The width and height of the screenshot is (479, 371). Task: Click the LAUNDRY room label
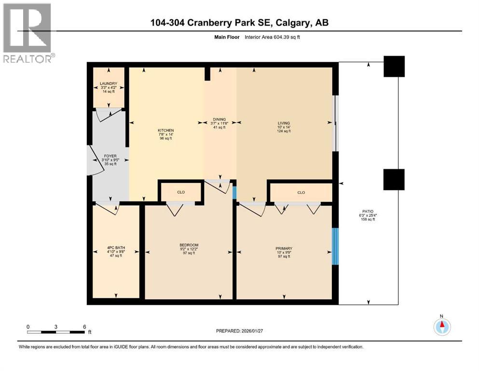coord(109,83)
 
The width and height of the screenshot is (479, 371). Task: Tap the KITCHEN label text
coord(165,130)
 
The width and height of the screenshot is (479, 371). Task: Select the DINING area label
coord(219,119)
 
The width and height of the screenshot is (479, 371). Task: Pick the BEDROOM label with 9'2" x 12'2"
coord(189,245)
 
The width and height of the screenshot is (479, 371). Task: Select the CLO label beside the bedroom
coord(181,192)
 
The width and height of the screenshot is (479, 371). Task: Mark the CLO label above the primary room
coord(301,192)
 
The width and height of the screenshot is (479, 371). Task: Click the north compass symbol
coord(442,326)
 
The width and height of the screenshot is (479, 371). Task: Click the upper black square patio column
coord(394,67)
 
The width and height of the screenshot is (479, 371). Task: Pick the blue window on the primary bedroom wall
coord(336,246)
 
